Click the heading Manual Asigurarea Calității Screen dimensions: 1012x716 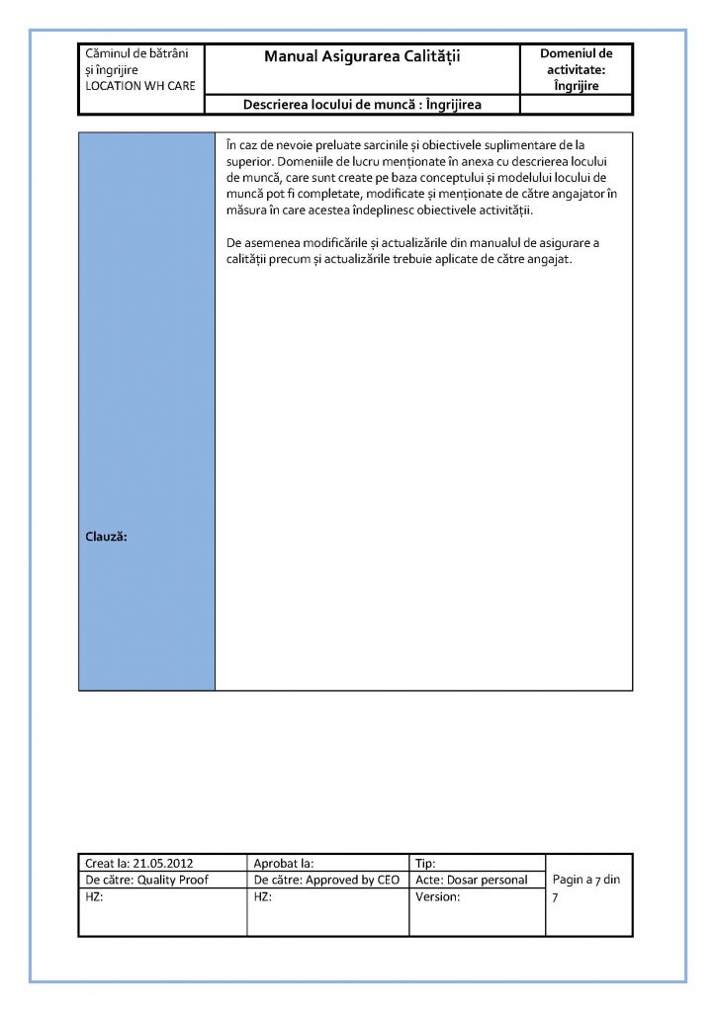(362, 57)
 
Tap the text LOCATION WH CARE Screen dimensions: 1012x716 (140, 87)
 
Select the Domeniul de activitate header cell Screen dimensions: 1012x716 (576, 69)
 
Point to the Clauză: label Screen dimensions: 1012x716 (108, 537)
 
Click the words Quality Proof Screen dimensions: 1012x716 (173, 880)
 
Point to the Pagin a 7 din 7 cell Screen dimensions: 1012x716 (586, 887)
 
